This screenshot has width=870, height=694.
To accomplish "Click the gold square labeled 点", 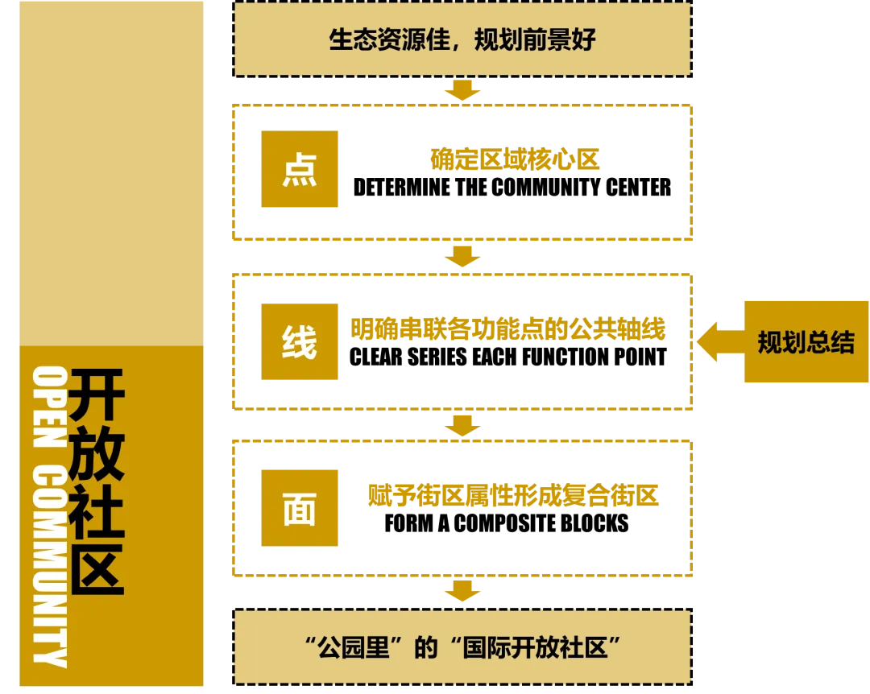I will click(x=300, y=171).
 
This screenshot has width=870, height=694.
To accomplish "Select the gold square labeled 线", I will click(x=300, y=341).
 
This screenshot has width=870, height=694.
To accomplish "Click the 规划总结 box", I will click(x=806, y=342).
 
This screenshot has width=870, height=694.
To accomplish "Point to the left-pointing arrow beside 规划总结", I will click(x=717, y=341).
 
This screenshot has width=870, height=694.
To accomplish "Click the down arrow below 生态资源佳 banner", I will click(x=462, y=89).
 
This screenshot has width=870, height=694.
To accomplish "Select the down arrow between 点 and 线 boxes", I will click(x=462, y=257).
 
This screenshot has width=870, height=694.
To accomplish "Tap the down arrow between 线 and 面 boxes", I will click(x=462, y=424).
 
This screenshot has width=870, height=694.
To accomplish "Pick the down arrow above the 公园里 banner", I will click(x=462, y=591).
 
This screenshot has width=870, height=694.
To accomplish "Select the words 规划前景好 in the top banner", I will click(x=535, y=39).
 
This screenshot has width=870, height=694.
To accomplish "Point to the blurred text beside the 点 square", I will click(x=516, y=159).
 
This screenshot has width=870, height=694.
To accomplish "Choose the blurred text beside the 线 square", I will click(x=509, y=328).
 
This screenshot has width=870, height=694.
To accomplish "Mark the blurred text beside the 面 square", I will click(x=514, y=495).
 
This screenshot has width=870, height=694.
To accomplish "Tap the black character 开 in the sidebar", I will click(x=97, y=395).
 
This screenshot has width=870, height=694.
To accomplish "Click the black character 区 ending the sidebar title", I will click(x=97, y=568).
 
